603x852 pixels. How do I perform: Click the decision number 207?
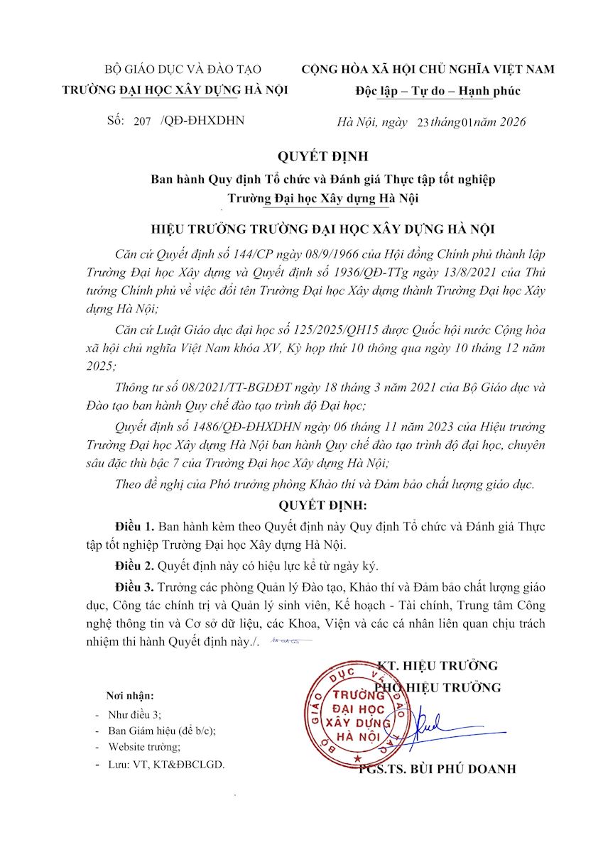142,121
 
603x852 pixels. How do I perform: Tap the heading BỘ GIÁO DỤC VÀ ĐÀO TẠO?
183,70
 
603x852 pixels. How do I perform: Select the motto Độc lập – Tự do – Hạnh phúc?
438,91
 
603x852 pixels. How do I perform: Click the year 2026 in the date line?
512,122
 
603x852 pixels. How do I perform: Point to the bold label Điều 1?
135,527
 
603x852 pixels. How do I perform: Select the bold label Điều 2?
135,566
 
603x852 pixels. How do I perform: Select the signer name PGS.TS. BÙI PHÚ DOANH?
437,770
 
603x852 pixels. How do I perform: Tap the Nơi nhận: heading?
130,696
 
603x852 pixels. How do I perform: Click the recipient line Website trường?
144,747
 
